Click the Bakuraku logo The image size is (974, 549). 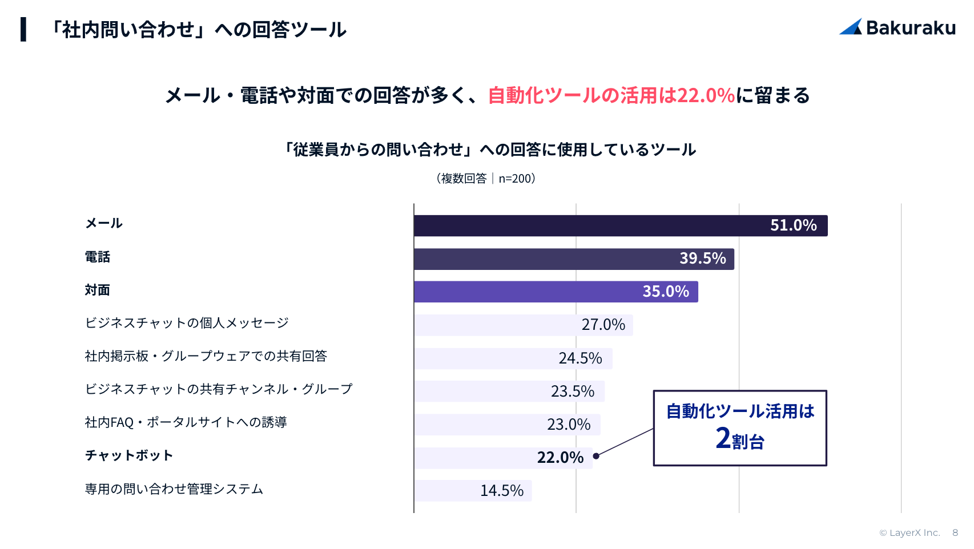click(897, 27)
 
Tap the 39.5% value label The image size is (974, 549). click(702, 259)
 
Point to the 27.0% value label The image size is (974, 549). click(603, 325)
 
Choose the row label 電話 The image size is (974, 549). click(98, 257)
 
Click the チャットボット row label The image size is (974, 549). click(129, 455)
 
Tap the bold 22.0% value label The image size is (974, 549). click(560, 458)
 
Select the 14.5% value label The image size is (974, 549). click(501, 491)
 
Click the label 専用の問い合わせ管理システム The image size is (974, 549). click(174, 489)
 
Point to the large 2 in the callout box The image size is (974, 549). click(723, 438)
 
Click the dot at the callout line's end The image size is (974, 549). click(596, 456)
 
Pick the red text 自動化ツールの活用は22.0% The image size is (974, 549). click(611, 95)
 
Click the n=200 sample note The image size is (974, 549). click(516, 179)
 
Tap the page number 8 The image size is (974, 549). click(955, 533)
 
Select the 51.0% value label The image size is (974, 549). click(793, 225)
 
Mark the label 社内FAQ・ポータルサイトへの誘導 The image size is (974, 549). click(186, 422)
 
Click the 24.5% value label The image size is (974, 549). click(580, 358)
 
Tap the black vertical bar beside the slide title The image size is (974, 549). click(23, 29)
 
